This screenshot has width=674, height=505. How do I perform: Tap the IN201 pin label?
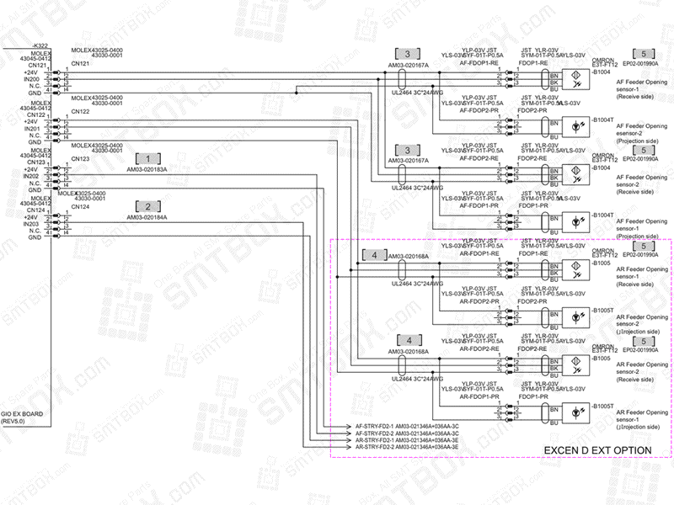[33, 128]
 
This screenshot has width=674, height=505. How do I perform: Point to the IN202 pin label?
[33, 176]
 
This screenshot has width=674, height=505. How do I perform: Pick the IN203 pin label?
[33, 224]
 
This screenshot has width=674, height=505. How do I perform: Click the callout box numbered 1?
[147, 157]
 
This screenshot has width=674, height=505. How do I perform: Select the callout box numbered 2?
[147, 206]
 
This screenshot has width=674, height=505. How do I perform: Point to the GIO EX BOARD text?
[23, 414]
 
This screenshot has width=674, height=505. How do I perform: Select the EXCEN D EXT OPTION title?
[596, 451]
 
